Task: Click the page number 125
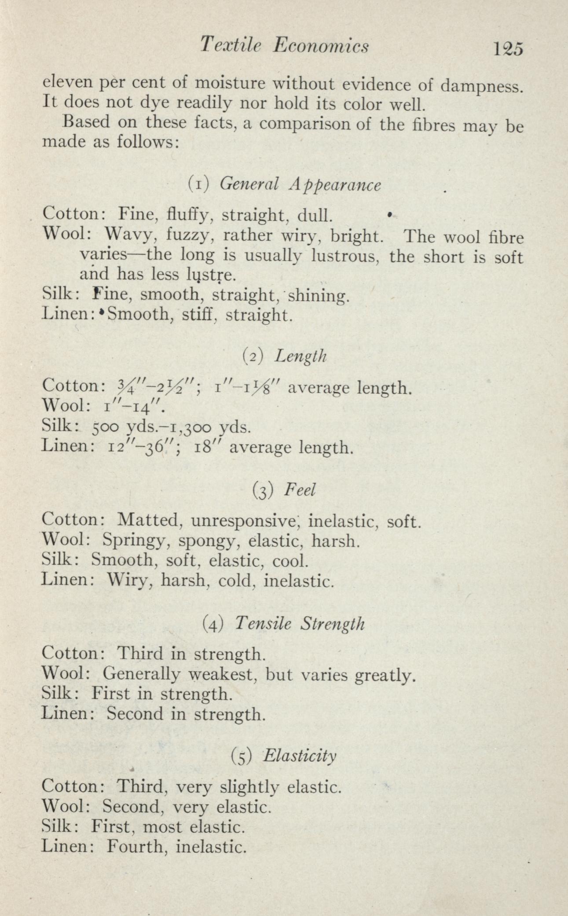click(x=508, y=48)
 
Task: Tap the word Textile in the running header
click(x=231, y=46)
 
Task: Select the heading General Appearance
click(x=300, y=185)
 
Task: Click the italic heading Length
click(x=300, y=356)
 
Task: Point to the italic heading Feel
click(x=300, y=490)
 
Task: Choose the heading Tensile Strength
click(x=300, y=624)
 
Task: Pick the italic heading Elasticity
click(x=301, y=756)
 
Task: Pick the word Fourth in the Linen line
click(x=135, y=846)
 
